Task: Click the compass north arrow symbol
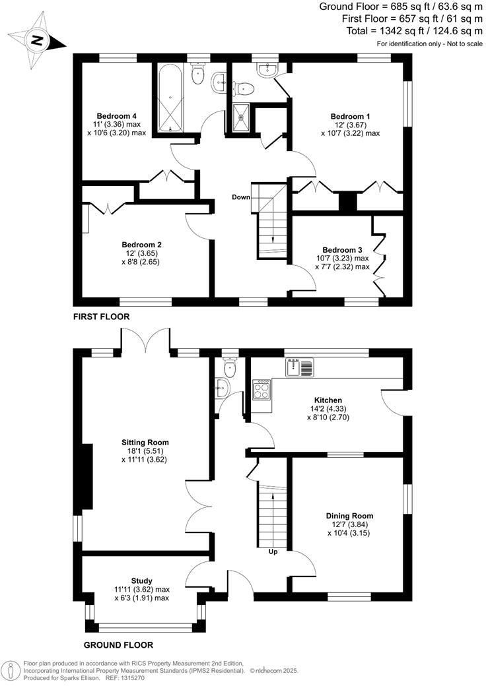click(37, 40)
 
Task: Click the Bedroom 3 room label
click(342, 249)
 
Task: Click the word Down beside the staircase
click(241, 197)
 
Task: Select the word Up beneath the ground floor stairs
click(272, 551)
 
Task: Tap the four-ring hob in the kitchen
click(261, 390)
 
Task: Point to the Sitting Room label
click(145, 443)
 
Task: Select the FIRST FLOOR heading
click(102, 317)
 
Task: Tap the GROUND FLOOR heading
click(119, 645)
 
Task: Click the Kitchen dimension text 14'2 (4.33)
click(328, 409)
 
